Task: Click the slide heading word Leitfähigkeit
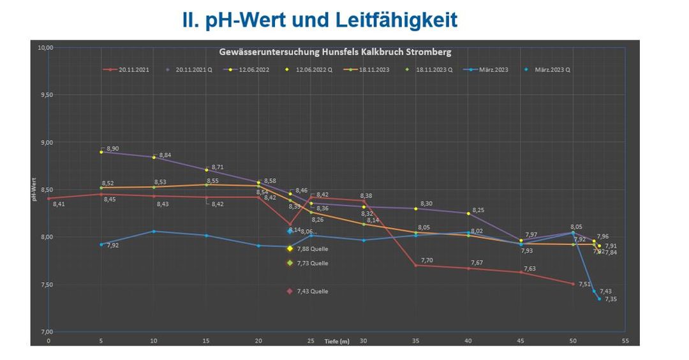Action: click(396, 20)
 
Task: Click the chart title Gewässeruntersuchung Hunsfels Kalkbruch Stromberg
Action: click(335, 51)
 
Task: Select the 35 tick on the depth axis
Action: click(415, 341)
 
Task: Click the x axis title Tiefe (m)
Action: click(336, 341)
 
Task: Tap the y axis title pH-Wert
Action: click(36, 190)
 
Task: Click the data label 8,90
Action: click(112, 149)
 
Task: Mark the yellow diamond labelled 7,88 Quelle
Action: click(290, 249)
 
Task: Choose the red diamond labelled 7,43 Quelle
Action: click(290, 291)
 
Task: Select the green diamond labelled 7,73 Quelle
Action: click(290, 263)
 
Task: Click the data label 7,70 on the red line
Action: click(427, 260)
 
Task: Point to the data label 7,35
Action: click(611, 299)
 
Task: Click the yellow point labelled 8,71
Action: click(206, 170)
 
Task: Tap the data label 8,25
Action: click(478, 210)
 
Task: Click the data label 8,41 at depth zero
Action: click(59, 204)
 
